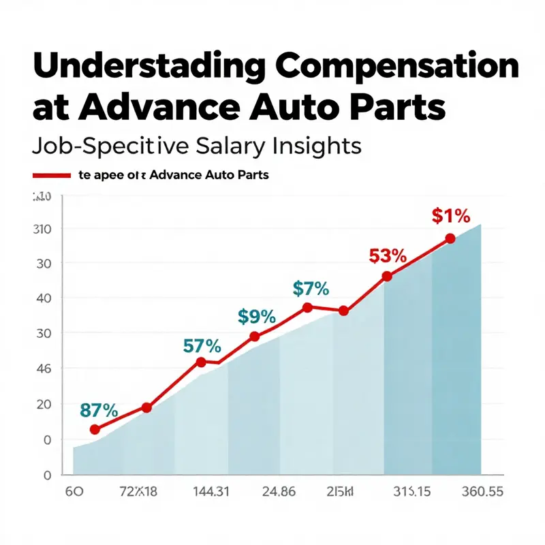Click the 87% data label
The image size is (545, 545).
tap(99, 410)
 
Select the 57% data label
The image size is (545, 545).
tap(203, 345)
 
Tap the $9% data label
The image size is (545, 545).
tap(256, 316)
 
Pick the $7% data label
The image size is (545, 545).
tap(311, 288)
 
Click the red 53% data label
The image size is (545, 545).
tap(388, 256)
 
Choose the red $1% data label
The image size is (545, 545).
tap(451, 216)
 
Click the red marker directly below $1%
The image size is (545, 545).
tap(450, 238)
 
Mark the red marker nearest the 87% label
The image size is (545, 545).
tap(95, 429)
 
